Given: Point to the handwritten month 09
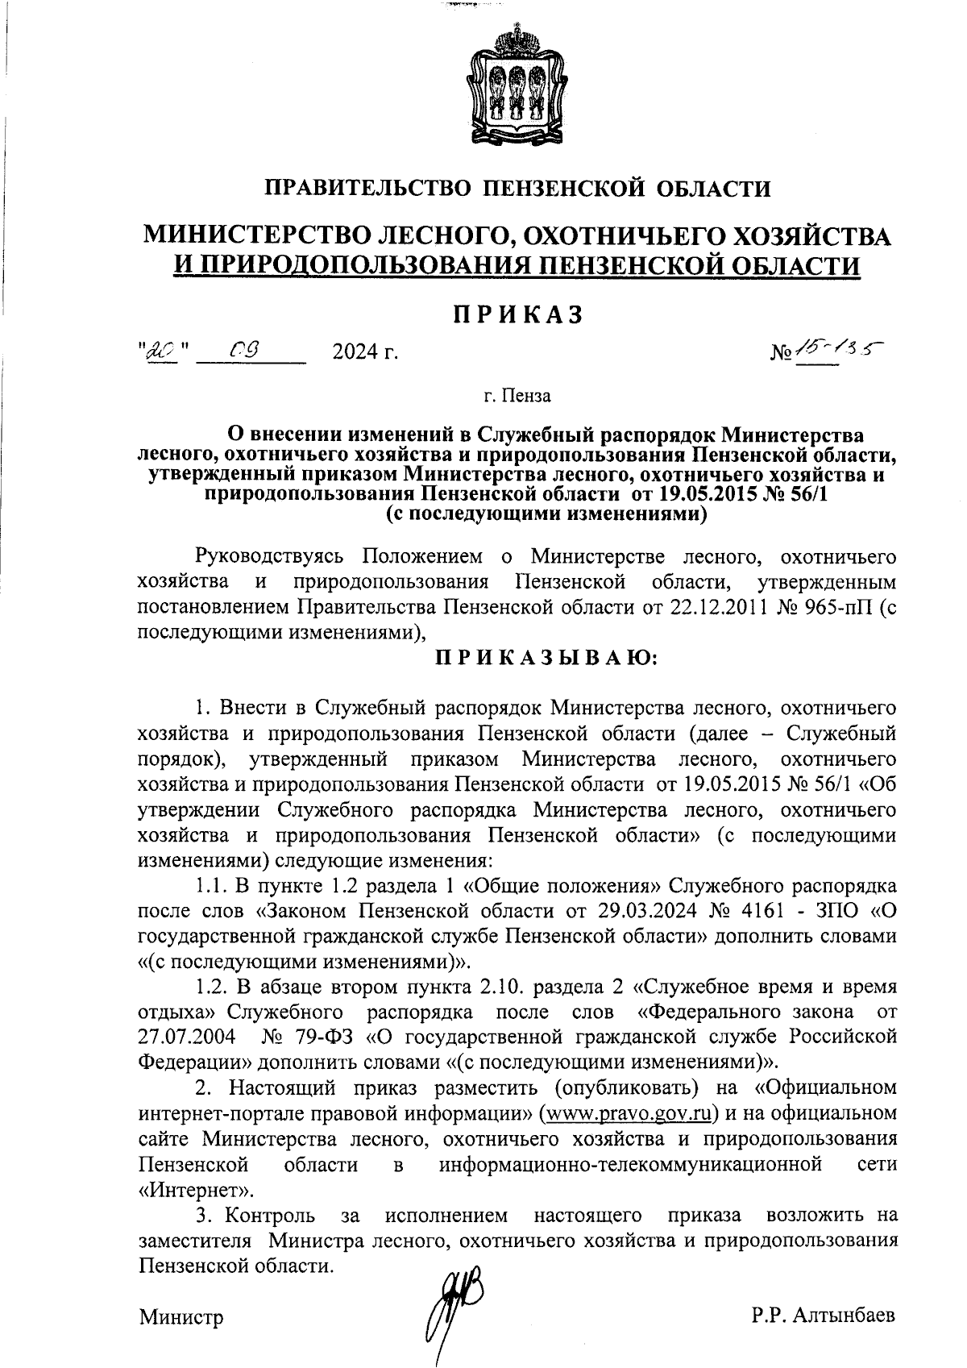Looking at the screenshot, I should tap(242, 350).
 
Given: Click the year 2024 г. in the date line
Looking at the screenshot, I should tap(364, 352).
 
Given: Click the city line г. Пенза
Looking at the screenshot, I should tap(517, 396).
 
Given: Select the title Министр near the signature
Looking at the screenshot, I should tap(181, 1317).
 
